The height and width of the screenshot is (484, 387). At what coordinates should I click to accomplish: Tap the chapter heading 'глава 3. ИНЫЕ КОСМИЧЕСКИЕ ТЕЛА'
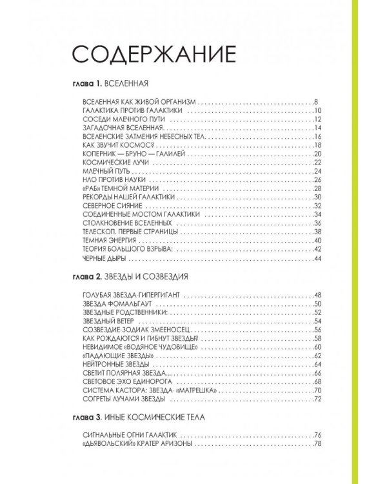point(139,418)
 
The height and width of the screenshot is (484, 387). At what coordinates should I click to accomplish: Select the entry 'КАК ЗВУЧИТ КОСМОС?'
point(113,145)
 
